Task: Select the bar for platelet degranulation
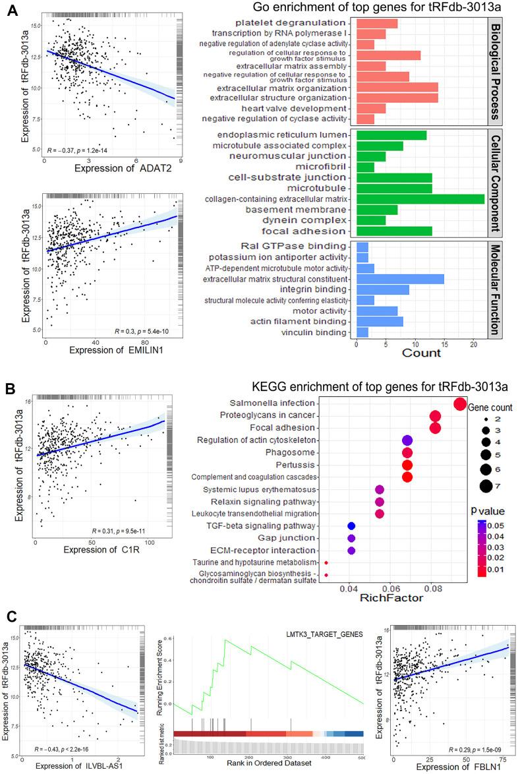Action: (x=376, y=23)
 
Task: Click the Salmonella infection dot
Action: (x=460, y=403)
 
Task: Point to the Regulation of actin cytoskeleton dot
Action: (x=407, y=440)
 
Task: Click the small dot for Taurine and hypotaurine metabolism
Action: (x=327, y=562)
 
